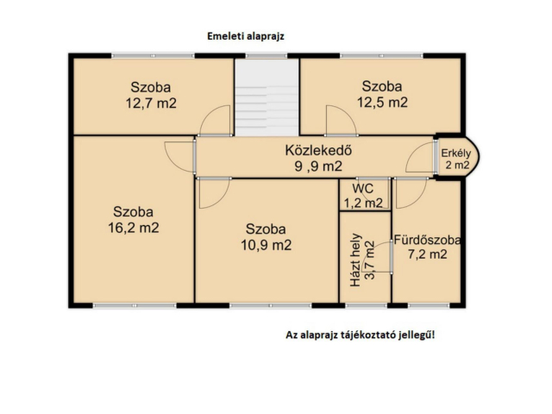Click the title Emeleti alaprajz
point(245,36)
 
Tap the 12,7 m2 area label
point(151,103)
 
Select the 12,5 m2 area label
point(382,103)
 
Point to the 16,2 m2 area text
point(134,228)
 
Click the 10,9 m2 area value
point(267,245)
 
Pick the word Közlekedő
point(318,150)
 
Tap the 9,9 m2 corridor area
point(318,166)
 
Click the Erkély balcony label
point(456,154)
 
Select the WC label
point(363,188)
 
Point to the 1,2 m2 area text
point(363,204)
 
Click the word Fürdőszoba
point(427,240)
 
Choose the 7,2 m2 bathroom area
point(428,254)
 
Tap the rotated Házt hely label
point(355,260)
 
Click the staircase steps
point(267,110)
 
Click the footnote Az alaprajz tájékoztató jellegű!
point(361,336)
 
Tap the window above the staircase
point(267,55)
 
